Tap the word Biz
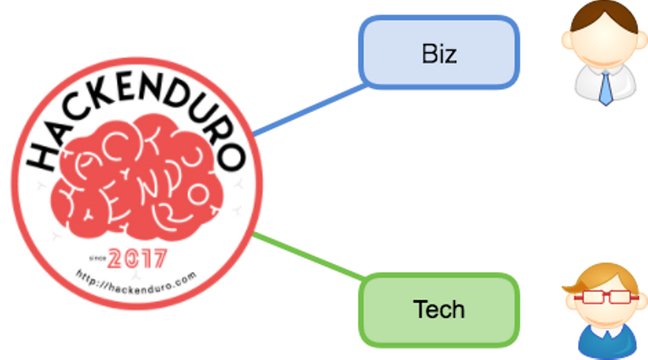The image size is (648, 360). tap(439, 54)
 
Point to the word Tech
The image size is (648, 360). tap(439, 310)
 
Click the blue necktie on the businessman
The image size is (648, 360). tap(606, 88)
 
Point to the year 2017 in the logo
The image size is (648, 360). tap(137, 259)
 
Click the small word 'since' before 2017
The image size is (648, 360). tap(97, 258)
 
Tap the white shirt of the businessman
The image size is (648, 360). tap(585, 83)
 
